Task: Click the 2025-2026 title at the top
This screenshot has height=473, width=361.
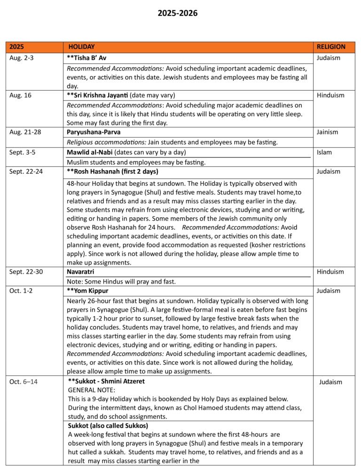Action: click(178, 13)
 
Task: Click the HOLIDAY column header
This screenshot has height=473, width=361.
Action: click(81, 47)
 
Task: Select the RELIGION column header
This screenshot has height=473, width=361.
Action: click(331, 47)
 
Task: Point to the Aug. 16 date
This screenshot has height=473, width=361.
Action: click(20, 95)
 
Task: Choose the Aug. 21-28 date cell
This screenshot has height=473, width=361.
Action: click(25, 132)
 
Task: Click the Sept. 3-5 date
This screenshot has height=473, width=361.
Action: click(23, 152)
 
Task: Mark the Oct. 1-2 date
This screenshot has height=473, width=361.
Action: click(21, 291)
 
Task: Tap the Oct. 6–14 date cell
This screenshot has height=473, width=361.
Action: click(24, 381)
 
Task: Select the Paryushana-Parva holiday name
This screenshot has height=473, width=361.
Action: click(93, 132)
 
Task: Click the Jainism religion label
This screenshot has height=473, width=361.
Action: click(327, 132)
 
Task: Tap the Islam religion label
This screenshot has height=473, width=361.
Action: click(324, 152)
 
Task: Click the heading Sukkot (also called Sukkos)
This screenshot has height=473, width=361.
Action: click(108, 426)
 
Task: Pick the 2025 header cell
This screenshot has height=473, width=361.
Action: click(17, 47)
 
